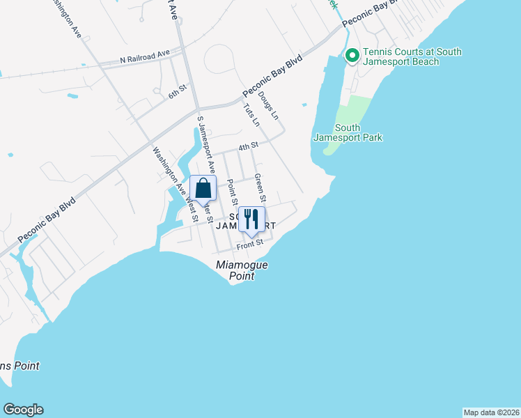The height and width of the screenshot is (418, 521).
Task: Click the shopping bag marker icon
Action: tap(202, 189)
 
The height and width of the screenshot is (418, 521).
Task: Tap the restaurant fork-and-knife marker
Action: tap(251, 219)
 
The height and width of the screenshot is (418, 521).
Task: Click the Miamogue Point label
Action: tap(242, 270)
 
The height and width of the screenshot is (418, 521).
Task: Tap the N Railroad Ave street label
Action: tap(145, 54)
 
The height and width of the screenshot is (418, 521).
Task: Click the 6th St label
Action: tap(178, 91)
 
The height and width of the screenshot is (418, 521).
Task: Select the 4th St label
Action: tap(248, 146)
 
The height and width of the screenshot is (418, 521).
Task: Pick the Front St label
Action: tap(249, 244)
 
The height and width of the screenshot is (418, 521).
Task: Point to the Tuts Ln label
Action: tap(251, 115)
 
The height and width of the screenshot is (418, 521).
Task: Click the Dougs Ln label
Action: tap(267, 104)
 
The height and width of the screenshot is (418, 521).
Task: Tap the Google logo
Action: tap(23, 410)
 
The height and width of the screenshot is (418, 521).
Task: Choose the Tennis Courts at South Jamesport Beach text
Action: tap(405, 56)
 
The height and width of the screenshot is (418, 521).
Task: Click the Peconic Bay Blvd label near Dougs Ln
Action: tap(273, 75)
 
